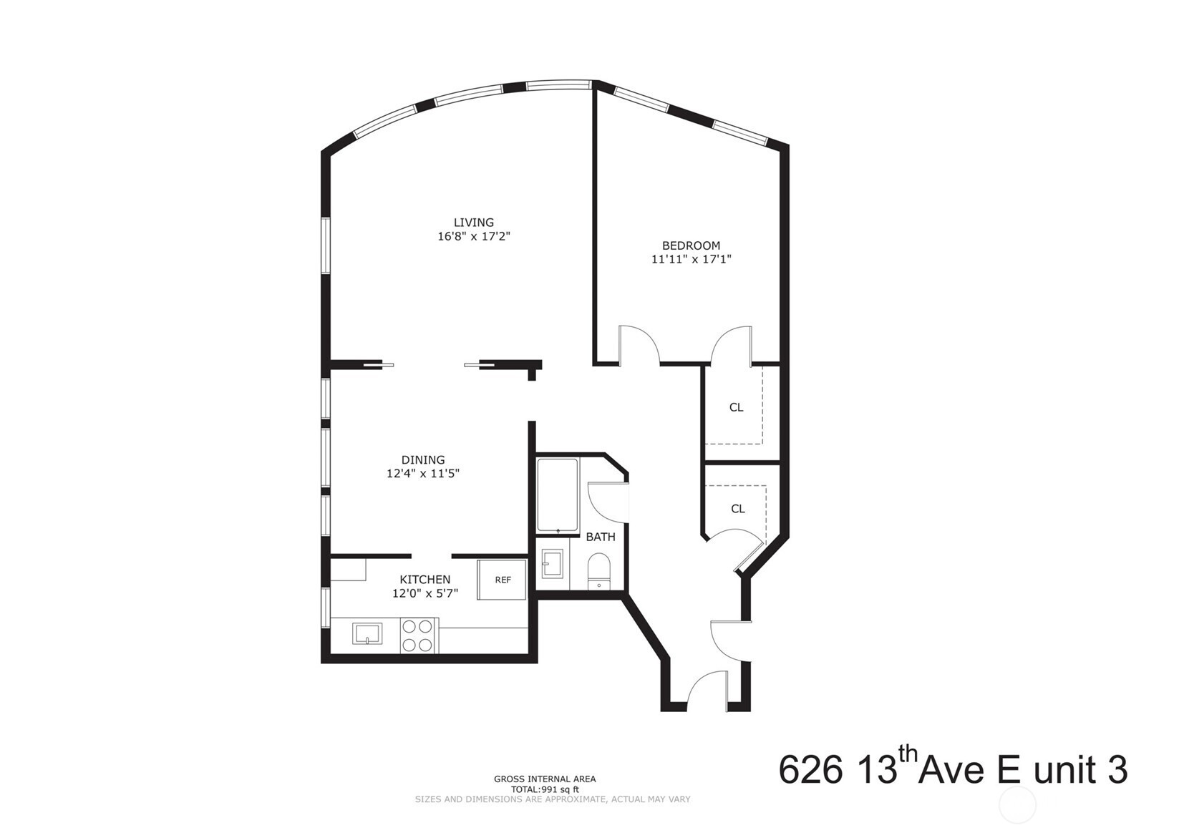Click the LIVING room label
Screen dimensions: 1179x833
point(474,223)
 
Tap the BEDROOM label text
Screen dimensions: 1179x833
point(691,245)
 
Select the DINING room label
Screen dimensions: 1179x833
point(423,460)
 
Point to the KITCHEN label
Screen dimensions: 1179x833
point(424,580)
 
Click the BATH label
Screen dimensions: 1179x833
point(601,537)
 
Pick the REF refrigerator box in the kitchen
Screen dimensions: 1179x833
point(502,580)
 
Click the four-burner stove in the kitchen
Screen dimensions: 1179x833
point(419,635)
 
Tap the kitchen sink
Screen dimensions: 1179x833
point(367,633)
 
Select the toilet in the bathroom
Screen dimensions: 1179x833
point(598,571)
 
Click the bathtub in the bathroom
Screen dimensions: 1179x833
point(558,496)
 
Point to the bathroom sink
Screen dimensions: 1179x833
point(552,564)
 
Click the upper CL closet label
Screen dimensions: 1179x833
point(737,407)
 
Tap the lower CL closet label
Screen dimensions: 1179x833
point(738,509)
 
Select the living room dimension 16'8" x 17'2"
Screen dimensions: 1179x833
point(474,236)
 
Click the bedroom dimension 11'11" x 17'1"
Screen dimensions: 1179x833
point(692,259)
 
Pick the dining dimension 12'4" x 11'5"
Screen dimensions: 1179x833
point(423,474)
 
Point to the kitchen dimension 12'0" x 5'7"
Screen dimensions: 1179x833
point(425,593)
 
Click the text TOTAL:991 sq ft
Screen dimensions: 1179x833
point(545,789)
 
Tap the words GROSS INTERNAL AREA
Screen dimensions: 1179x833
point(545,779)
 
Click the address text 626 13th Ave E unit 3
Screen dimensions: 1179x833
point(954,770)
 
